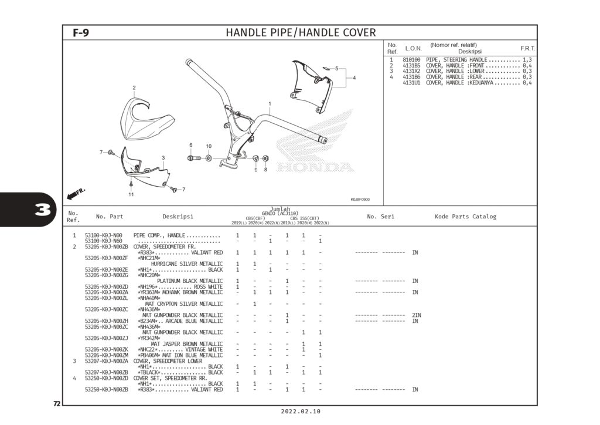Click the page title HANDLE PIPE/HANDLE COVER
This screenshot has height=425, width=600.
(x=301, y=32)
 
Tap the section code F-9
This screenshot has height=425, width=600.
(x=81, y=33)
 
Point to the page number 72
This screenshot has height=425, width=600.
(x=57, y=404)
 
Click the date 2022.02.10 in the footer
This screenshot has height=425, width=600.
(x=301, y=412)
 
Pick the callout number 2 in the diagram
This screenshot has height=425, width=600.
(x=134, y=88)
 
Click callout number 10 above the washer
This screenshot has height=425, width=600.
(x=209, y=146)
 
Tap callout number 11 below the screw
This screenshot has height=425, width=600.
(x=131, y=194)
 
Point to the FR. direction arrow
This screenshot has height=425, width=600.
(x=76, y=193)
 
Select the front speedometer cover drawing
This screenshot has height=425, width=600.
(x=146, y=117)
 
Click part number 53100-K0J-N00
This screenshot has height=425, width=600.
(x=103, y=235)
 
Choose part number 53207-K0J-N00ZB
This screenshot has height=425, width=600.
(x=106, y=372)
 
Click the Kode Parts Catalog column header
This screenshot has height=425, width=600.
(x=465, y=217)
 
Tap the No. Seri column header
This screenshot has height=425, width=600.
(x=380, y=217)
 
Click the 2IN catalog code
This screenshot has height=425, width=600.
(x=417, y=315)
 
